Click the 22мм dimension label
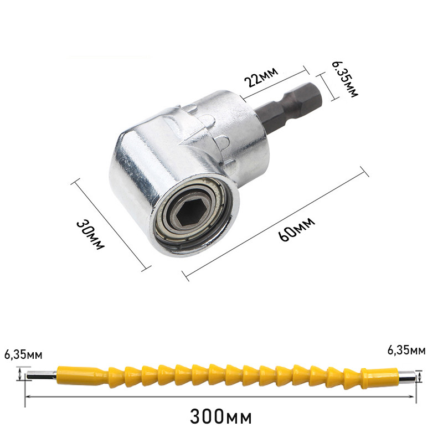(x=261, y=77)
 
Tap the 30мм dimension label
(x=90, y=235)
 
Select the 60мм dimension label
(x=296, y=229)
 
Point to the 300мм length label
(x=220, y=416)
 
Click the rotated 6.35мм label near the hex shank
(x=344, y=79)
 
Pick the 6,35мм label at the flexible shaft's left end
(x=23, y=355)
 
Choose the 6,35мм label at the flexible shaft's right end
(x=406, y=351)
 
